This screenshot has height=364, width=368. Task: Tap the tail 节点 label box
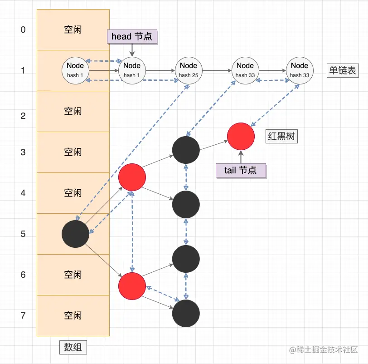pos(241,170)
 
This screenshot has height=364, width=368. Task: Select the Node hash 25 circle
pos(189,70)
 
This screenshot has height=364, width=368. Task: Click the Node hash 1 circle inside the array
pos(75,70)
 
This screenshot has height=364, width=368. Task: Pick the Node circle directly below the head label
pos(132,70)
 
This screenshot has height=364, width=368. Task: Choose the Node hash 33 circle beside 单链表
pos(300,70)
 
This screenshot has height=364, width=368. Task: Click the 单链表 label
pos(343,70)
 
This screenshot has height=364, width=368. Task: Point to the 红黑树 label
pos(281,136)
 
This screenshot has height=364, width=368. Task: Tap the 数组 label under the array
pos(73,348)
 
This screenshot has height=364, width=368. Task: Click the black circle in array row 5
pos(75,234)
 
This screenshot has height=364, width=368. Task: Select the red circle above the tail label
pos(241,136)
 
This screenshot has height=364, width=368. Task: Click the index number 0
pos(23,30)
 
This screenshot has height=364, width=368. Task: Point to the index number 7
pos(23,316)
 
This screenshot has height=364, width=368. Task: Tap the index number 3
pos(23,152)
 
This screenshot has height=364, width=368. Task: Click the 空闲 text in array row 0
pos(73,30)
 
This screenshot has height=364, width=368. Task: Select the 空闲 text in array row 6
pos(73,275)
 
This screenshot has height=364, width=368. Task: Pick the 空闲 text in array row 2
pos(73,111)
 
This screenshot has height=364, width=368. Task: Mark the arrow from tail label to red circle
pos(241,157)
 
